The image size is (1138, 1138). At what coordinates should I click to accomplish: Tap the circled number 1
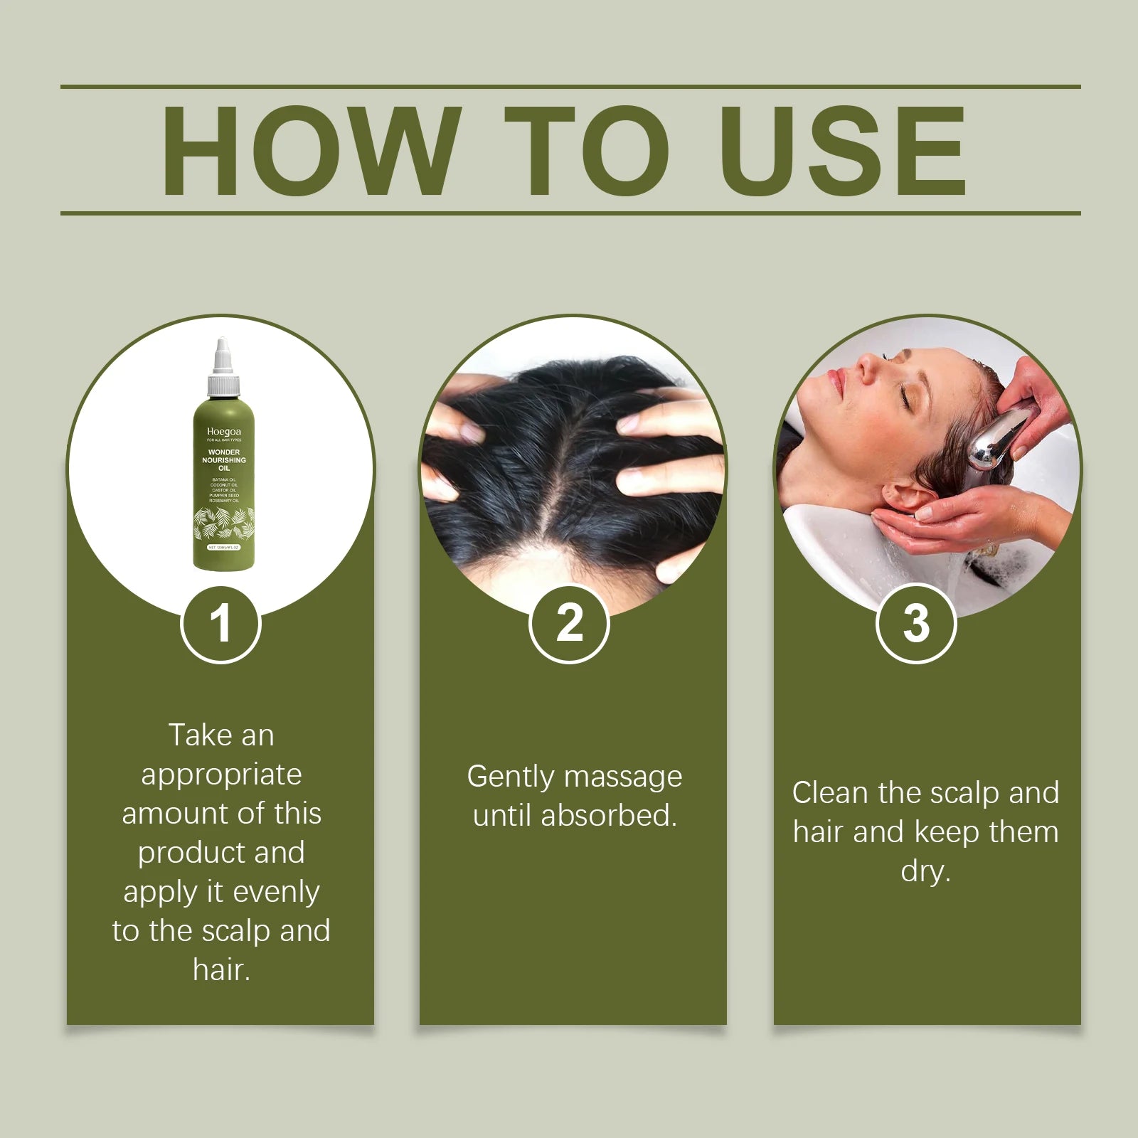pos(220,624)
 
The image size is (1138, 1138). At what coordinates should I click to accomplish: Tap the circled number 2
pos(569,624)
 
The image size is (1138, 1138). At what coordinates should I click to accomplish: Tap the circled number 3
pos(916,624)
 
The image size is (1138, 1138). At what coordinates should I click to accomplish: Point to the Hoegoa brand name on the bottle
pos(224,432)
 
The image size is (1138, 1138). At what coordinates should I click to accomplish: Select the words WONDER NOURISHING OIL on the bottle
pos(224,460)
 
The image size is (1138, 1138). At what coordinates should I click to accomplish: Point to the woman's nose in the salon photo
pos(866,366)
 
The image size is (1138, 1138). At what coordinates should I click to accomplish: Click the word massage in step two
pos(623,777)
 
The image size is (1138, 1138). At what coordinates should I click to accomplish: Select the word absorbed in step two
pos(608,816)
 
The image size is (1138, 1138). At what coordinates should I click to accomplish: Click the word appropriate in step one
pos(221,775)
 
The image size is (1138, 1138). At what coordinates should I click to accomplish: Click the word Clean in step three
pos(830,793)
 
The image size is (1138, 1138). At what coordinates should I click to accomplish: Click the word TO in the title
pos(587,151)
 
